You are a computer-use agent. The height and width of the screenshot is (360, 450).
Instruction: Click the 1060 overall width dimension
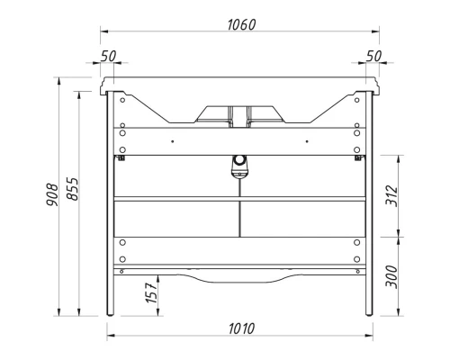tap(238, 24)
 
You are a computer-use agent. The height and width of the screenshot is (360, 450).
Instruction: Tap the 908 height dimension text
tap(52, 194)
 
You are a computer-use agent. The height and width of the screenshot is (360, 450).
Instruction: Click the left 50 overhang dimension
tap(108, 56)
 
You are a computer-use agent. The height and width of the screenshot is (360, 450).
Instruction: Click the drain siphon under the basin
tap(238, 164)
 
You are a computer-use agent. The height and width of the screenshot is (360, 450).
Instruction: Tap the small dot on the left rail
tap(171, 140)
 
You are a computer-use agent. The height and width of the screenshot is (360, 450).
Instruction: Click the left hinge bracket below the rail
tap(119, 158)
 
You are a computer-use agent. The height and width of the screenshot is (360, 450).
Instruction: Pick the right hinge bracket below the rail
tap(358, 158)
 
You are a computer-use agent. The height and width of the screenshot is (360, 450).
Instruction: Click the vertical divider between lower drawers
tap(238, 218)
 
